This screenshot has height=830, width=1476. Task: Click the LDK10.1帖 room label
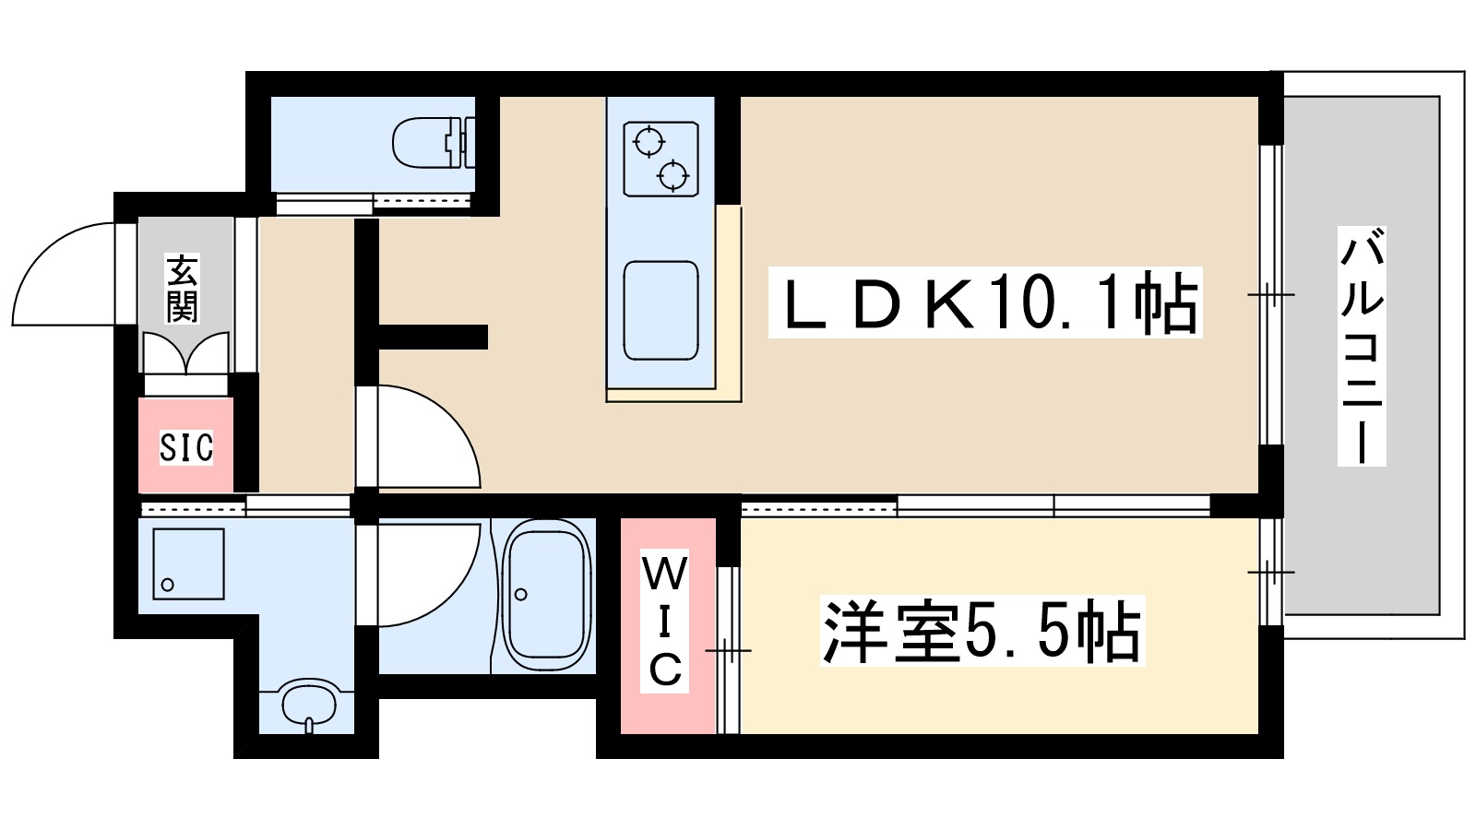[x=985, y=302]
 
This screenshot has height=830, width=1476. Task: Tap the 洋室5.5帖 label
[x=982, y=631]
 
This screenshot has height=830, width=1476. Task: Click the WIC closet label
[x=665, y=621]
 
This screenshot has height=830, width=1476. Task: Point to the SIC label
[x=185, y=447]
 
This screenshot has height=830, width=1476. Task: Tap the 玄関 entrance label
[x=183, y=288]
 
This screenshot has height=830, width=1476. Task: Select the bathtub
[x=546, y=595]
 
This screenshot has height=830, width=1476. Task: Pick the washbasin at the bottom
[x=307, y=705]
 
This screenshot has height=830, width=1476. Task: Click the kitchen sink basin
[x=661, y=311]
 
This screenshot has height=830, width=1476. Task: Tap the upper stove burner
[x=649, y=142]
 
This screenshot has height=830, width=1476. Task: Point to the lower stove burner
[x=673, y=173]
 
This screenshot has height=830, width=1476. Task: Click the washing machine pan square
[x=188, y=563]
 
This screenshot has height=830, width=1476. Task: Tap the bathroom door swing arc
[x=426, y=574]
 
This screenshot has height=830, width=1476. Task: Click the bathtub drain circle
[x=521, y=595]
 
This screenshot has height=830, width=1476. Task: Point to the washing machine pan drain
[x=167, y=585]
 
